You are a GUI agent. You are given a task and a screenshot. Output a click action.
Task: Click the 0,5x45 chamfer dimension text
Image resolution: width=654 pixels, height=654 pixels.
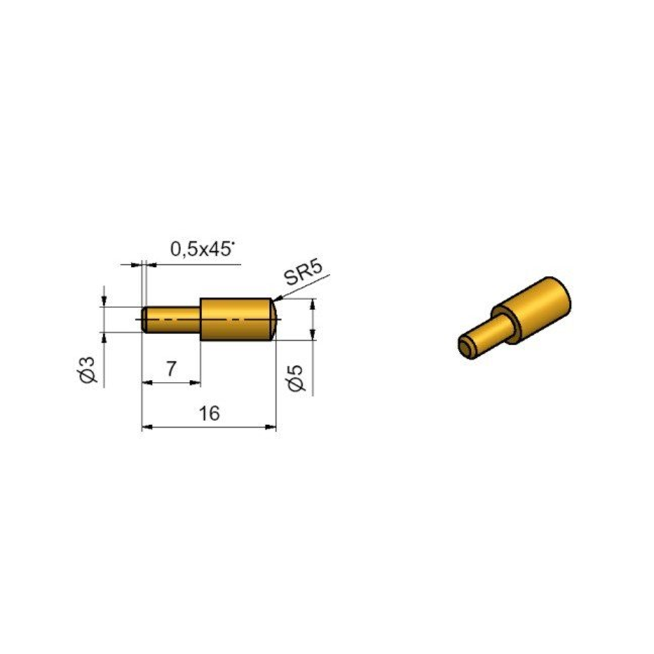[202, 249]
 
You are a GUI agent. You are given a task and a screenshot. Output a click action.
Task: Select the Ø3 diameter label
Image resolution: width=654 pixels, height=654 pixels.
[88, 370]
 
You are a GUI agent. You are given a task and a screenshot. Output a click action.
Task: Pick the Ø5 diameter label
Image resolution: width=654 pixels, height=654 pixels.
[296, 378]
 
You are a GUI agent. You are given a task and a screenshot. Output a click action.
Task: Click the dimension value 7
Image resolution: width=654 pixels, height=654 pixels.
[171, 369]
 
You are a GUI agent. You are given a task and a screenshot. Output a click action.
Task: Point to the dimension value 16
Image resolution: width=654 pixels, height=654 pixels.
[209, 413]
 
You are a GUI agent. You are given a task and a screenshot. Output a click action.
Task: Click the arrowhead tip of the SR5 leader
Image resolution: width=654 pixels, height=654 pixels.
[273, 300]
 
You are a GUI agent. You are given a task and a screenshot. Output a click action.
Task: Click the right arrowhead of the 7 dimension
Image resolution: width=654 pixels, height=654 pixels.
[200, 383]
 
